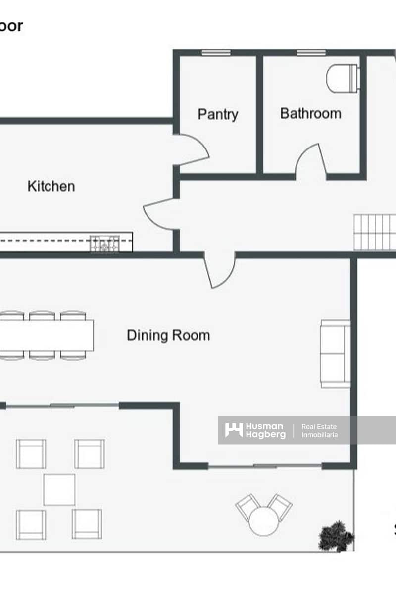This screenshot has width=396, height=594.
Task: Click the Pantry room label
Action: point(218,114)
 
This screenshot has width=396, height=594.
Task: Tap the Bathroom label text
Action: point(310,113)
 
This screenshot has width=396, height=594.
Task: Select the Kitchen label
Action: point(51,186)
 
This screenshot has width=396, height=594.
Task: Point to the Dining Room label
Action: point(168,335)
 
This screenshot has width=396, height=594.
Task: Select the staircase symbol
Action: point(375,232)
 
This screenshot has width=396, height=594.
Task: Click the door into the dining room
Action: point(220,271)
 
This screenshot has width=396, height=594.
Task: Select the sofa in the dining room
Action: point(336,353)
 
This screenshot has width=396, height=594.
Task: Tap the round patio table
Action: point(263,522)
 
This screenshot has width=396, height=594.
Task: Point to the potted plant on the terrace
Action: point(336,536)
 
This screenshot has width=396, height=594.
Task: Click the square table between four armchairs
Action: point(59,490)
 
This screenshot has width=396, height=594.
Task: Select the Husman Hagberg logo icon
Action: point(234,430)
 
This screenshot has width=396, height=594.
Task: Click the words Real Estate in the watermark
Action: point(319,426)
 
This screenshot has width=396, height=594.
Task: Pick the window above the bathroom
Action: point(311,52)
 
